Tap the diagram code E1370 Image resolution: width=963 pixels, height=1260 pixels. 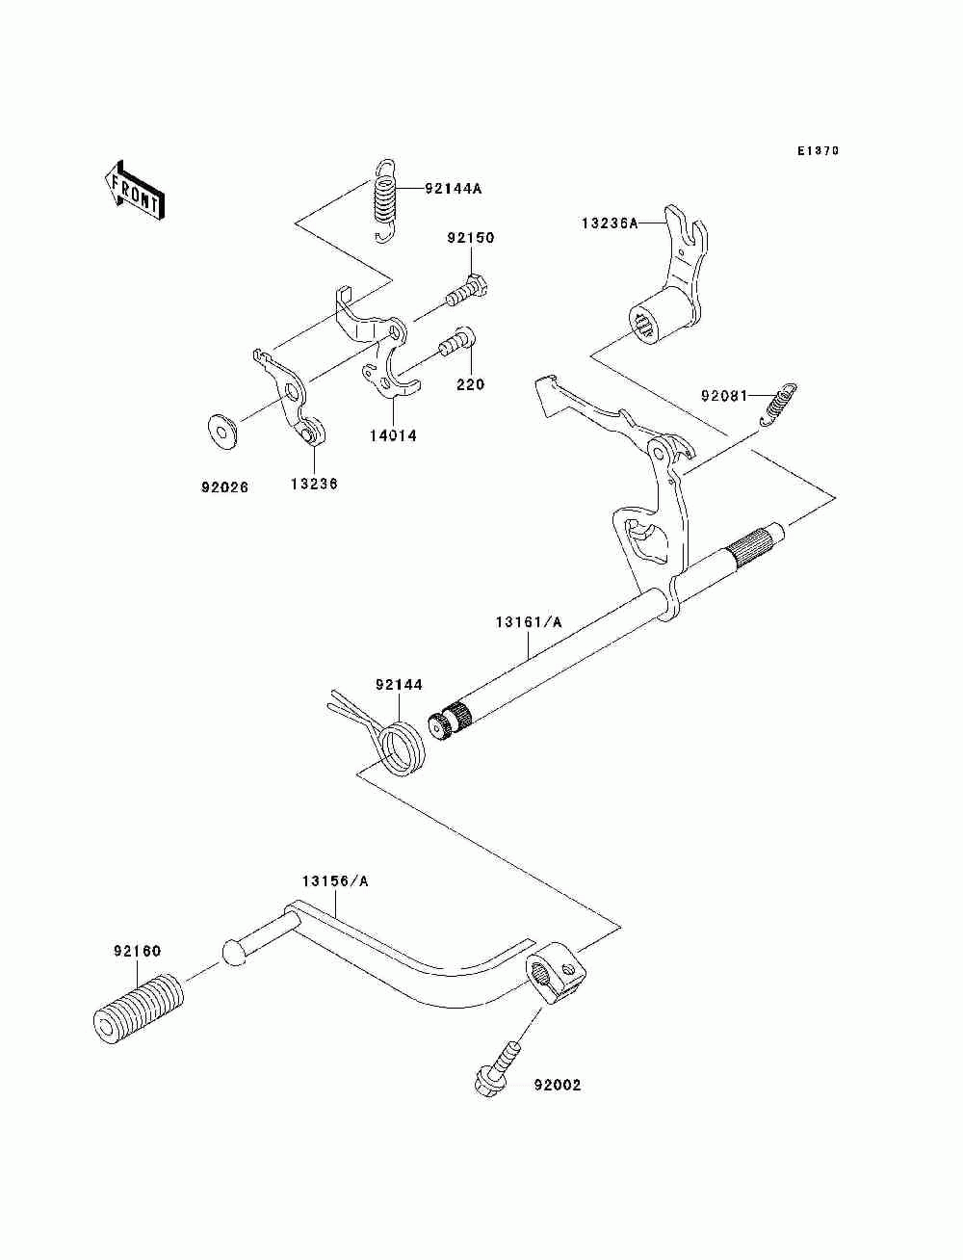coord(818,151)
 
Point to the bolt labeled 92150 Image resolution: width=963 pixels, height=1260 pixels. coord(465,289)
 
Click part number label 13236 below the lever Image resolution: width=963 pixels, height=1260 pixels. coord(313,485)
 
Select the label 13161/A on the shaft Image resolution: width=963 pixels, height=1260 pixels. coord(529,622)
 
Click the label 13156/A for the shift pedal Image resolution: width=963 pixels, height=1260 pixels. coord(335,880)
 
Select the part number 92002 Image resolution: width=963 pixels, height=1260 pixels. coord(558,1086)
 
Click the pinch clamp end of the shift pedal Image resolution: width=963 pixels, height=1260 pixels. coord(556,979)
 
